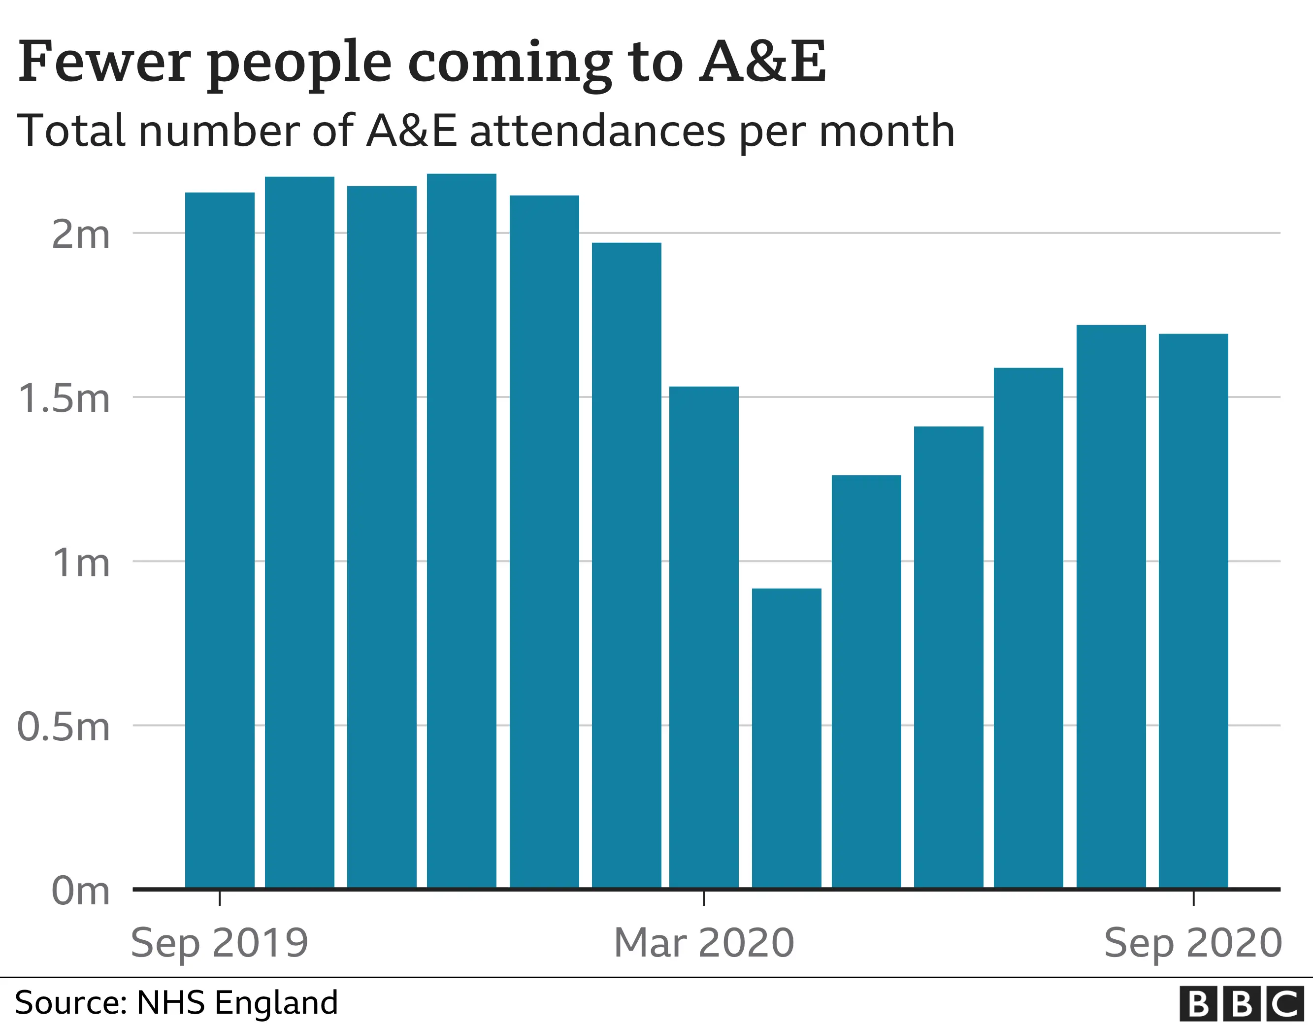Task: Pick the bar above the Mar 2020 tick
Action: [704, 637]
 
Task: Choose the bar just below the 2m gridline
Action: [626, 565]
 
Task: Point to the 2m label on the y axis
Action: [81, 234]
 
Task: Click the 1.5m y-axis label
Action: [65, 398]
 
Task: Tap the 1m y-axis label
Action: [81, 563]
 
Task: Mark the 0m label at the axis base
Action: [81, 891]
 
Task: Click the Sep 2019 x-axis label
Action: [220, 943]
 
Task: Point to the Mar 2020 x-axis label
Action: [704, 943]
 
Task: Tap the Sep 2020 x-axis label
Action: [1193, 943]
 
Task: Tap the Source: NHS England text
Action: [176, 1002]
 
